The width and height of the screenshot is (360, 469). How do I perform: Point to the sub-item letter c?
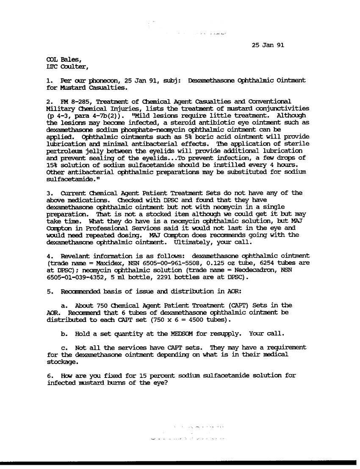64,347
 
